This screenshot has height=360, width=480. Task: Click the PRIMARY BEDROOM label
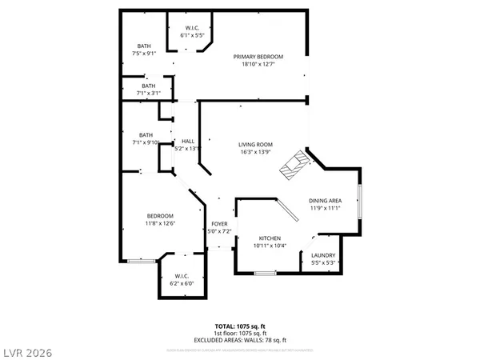pyautogui.click(x=257, y=56)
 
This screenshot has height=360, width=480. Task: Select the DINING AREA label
pyautogui.click(x=326, y=200)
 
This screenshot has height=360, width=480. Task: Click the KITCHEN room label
pyautogui.click(x=270, y=238)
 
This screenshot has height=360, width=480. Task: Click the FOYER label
pyautogui.click(x=218, y=224)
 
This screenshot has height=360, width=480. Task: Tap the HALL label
pyautogui.click(x=188, y=141)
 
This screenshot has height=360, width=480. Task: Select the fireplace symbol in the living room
pyautogui.click(x=294, y=165)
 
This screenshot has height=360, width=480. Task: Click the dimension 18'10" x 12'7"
pyautogui.click(x=257, y=65)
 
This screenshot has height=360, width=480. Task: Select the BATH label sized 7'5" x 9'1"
pyautogui.click(x=144, y=45)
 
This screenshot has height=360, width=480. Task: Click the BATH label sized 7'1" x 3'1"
pyautogui.click(x=149, y=86)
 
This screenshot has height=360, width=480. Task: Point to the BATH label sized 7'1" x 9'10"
pyautogui.click(x=146, y=135)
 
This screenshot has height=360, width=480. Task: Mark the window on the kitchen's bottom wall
pyautogui.click(x=263, y=274)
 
